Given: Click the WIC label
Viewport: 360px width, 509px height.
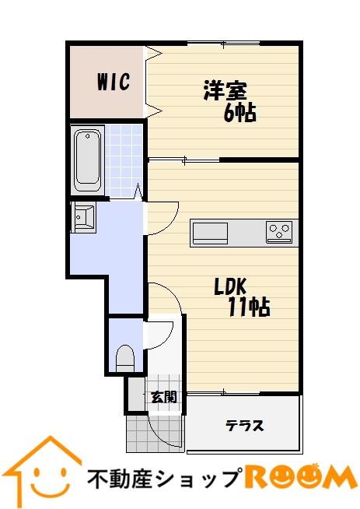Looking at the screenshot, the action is click(114, 82).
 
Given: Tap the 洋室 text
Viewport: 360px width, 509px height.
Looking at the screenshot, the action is click(225, 90).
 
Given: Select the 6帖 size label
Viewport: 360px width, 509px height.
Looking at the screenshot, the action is click(240, 113).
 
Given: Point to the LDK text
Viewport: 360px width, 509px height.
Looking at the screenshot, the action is click(231, 286).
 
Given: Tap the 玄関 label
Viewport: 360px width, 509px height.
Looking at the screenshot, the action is click(164, 397).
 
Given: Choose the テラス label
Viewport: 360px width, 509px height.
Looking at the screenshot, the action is click(245, 425).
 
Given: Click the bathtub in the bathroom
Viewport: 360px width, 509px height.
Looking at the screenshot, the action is click(88, 160).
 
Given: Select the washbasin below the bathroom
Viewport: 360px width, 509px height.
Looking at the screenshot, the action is click(83, 216).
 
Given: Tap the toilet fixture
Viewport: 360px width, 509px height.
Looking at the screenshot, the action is click(125, 358).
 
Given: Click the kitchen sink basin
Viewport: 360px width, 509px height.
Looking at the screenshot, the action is click(210, 233).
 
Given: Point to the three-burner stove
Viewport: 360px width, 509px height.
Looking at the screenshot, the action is click(279, 232).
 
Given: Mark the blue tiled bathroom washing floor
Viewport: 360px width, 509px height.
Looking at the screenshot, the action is click(124, 161).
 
